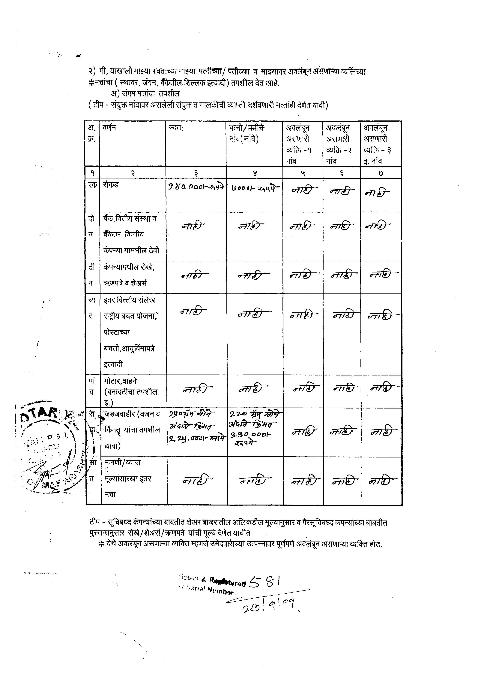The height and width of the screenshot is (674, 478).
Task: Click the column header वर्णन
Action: [x=109, y=128]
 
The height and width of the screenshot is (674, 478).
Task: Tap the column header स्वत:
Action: [x=176, y=128]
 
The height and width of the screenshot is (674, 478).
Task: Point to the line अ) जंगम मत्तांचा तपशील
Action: [x=145, y=94]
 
